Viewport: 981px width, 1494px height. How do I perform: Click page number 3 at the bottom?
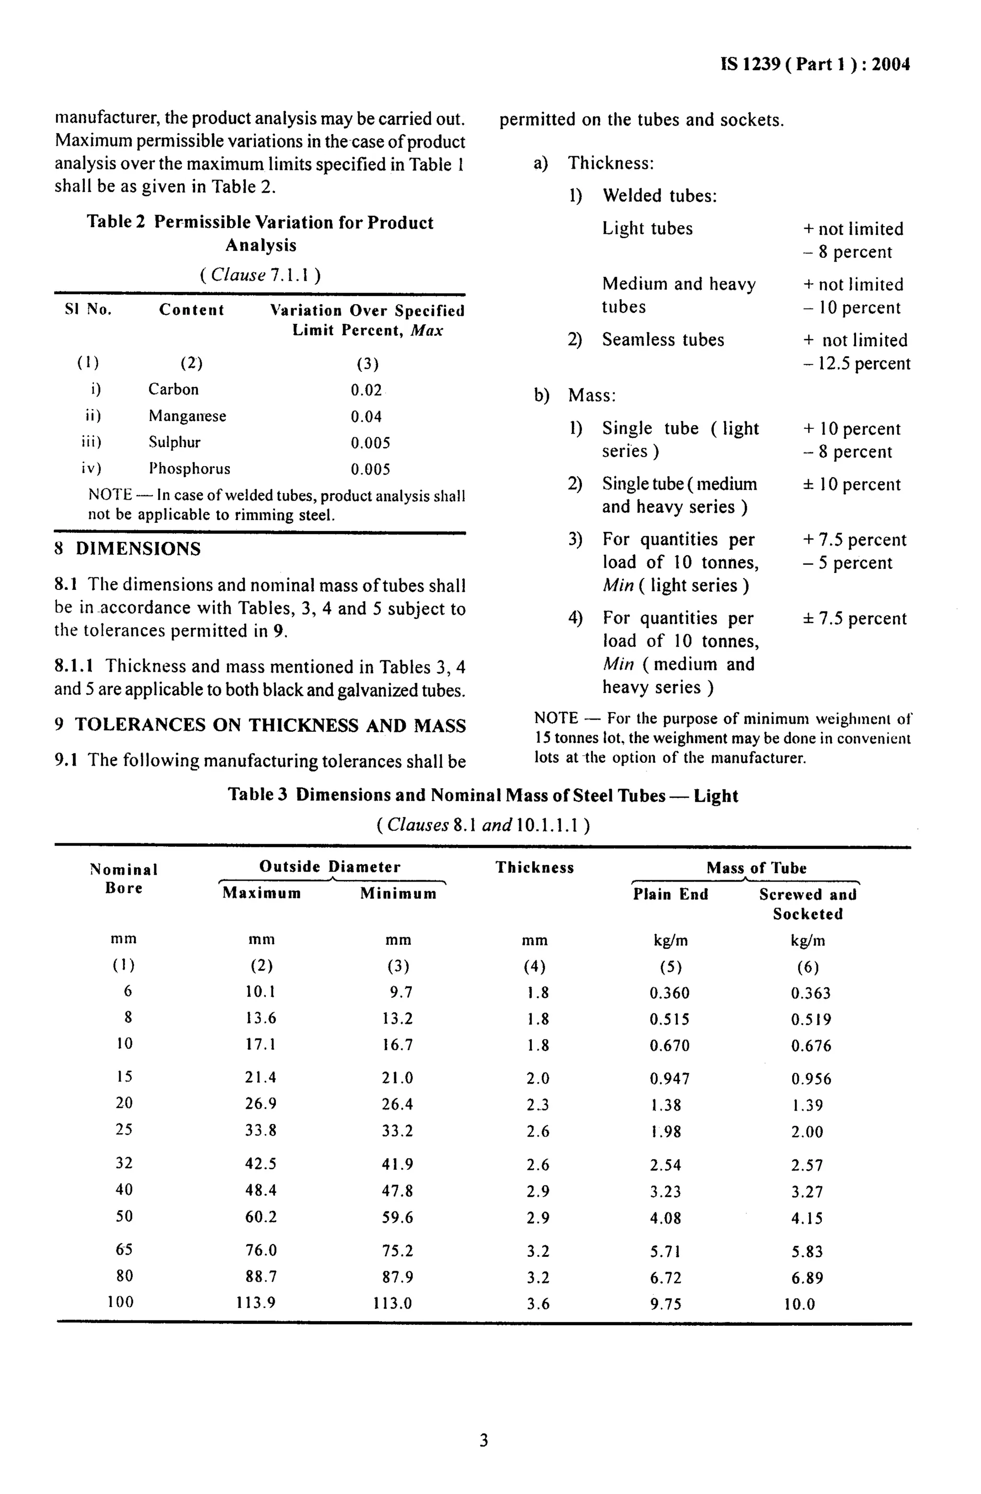pyautogui.click(x=483, y=1441)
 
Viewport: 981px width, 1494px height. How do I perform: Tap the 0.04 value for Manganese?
pyautogui.click(x=366, y=416)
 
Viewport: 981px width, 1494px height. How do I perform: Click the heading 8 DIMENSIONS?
pyautogui.click(x=127, y=549)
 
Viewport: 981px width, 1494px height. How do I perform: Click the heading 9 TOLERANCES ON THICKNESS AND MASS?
pyautogui.click(x=260, y=725)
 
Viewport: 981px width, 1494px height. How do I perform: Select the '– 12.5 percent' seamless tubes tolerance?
pyautogui.click(x=856, y=364)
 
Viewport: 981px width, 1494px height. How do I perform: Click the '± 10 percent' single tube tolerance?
pyautogui.click(x=851, y=484)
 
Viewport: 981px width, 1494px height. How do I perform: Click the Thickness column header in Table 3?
pyautogui.click(x=534, y=868)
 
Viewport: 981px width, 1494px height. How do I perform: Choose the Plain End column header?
pyautogui.click(x=670, y=895)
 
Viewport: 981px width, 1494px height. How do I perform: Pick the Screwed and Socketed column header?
pyautogui.click(x=807, y=904)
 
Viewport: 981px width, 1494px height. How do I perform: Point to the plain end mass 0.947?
pyautogui.click(x=669, y=1079)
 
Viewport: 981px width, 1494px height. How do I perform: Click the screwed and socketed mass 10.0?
pyautogui.click(x=799, y=1304)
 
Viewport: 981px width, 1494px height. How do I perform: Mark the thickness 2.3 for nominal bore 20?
pyautogui.click(x=537, y=1105)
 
